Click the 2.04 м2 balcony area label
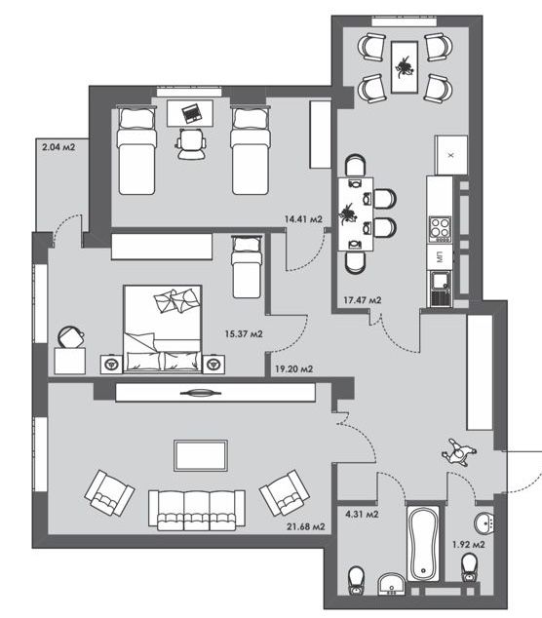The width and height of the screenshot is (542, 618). (58, 147)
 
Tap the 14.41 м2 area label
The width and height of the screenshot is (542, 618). (303, 219)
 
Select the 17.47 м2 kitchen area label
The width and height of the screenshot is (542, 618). (363, 300)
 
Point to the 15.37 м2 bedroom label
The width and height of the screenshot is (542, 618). (244, 334)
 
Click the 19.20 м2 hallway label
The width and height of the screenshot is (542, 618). (294, 369)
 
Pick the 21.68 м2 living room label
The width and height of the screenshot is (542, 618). (306, 526)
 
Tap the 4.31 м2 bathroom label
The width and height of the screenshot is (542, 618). (362, 515)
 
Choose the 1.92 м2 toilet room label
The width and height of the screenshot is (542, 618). (468, 545)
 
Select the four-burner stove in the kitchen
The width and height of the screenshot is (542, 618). (440, 229)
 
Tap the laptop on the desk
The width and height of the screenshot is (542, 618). (192, 112)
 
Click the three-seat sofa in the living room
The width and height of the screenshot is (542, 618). (197, 511)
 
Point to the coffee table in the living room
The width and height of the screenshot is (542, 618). (201, 455)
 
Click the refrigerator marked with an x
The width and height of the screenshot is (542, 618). (451, 155)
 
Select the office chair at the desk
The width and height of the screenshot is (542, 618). (191, 144)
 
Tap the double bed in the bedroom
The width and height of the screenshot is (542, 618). (163, 329)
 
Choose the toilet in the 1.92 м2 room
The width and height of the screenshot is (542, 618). (469, 568)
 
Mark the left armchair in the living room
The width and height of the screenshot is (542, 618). (109, 492)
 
